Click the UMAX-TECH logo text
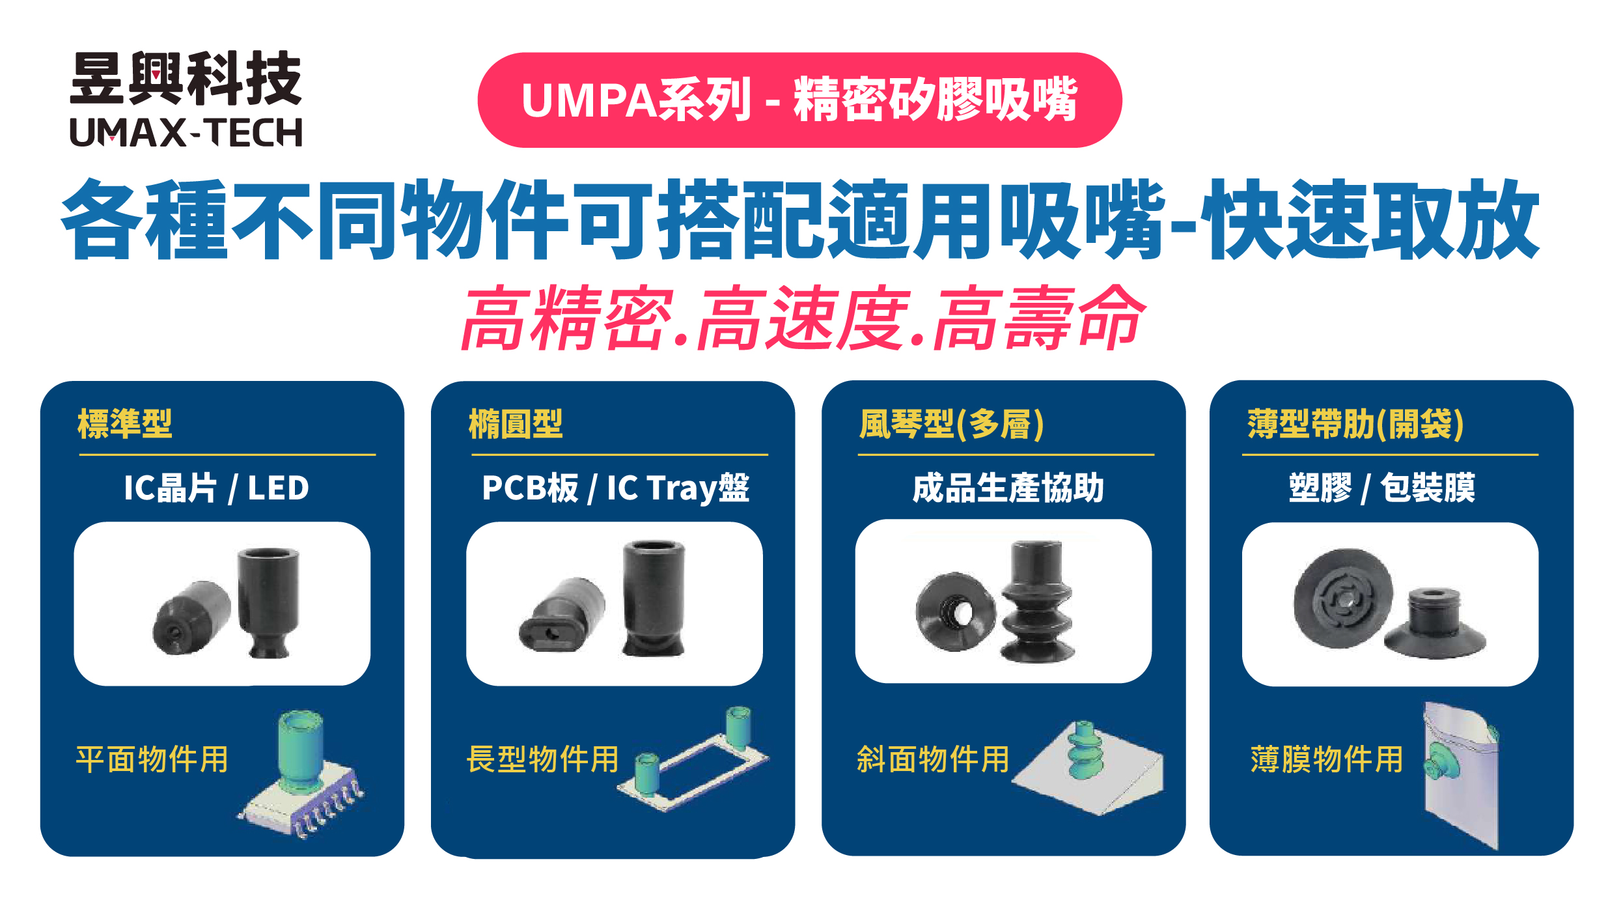pyautogui.click(x=186, y=133)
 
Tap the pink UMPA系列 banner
pyautogui.click(x=799, y=100)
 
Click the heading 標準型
pyautogui.click(x=124, y=424)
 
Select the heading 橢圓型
pyautogui.click(x=515, y=424)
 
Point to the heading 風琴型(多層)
pyautogui.click(x=951, y=425)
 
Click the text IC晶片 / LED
pyautogui.click(x=216, y=488)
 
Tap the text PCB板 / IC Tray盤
pyautogui.click(x=615, y=488)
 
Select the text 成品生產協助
pyautogui.click(x=1008, y=488)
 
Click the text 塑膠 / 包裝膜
pyautogui.click(x=1381, y=488)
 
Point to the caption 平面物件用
pyautogui.click(x=152, y=759)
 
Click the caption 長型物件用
pyautogui.click(x=542, y=759)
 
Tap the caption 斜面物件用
pyautogui.click(x=933, y=759)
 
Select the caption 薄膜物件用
pyautogui.click(x=1327, y=759)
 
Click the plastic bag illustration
pyautogui.click(x=1462, y=775)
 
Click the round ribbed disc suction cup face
pyautogui.click(x=1342, y=598)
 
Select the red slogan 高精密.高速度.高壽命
pyautogui.click(x=802, y=318)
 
